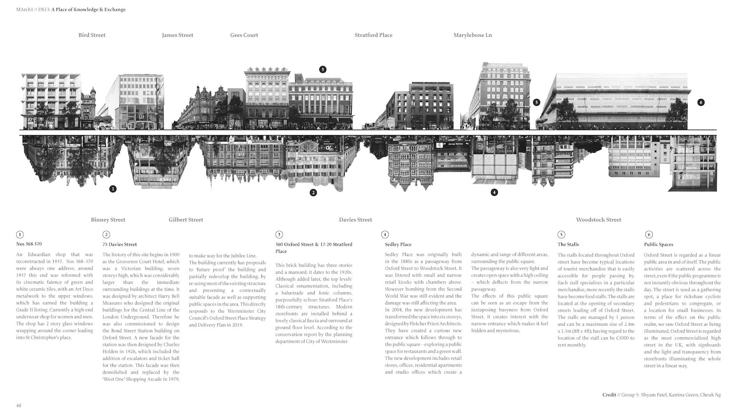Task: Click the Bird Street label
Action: pos(92,35)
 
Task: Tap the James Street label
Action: pos(177,35)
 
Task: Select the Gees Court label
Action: pos(244,35)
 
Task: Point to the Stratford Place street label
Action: pos(373,35)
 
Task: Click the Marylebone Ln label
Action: pos(473,35)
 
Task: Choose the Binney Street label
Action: pos(108,220)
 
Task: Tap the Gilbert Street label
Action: pos(186,220)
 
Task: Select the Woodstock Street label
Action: pos(598,220)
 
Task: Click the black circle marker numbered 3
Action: pos(322,70)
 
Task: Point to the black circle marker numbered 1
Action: pos(113,189)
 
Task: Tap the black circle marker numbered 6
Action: pos(701,102)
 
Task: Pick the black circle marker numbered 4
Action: pos(494,192)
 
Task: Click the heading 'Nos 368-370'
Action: pos(29,244)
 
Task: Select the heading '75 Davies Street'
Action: pos(119,244)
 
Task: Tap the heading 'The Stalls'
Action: pos(568,244)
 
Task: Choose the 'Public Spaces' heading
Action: pos(658,244)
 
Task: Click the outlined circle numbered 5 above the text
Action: pos(561,234)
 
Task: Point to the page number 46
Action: pos(19,405)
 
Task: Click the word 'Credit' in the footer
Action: pos(609,395)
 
